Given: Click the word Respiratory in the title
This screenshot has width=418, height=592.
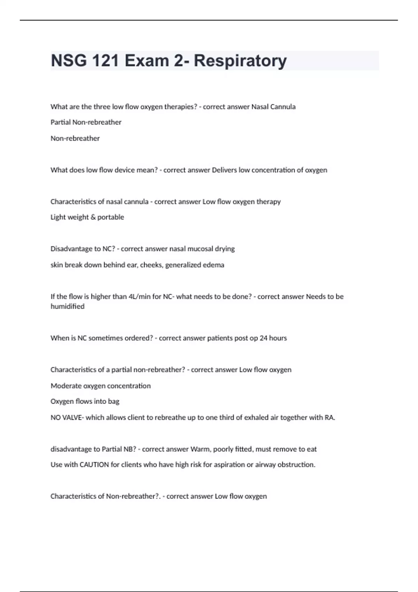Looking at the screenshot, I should [x=240, y=61].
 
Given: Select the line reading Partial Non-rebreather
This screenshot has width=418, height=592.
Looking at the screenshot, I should [x=86, y=122].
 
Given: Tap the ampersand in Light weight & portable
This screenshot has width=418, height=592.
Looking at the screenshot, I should [x=93, y=217].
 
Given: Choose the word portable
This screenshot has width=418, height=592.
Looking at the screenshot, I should [x=111, y=217].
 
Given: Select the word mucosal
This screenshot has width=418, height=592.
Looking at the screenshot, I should [x=196, y=249].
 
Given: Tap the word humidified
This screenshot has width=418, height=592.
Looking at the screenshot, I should [x=68, y=306].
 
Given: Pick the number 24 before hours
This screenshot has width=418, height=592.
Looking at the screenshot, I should [x=263, y=338].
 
